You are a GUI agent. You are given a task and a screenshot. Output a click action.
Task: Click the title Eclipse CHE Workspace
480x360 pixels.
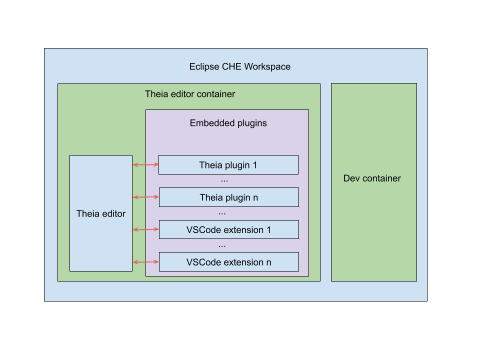pos(239,66)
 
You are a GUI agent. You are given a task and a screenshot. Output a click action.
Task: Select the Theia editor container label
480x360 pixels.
pos(190,94)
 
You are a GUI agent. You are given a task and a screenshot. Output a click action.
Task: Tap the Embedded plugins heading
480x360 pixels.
pos(228,123)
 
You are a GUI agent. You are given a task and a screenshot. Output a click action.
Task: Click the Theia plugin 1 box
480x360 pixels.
pos(228,165)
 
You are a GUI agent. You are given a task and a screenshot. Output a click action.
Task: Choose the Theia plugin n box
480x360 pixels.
pos(228,197)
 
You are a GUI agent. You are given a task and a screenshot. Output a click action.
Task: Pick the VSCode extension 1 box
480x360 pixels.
pos(228,230)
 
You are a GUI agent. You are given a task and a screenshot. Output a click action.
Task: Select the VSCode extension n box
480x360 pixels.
pos(228,262)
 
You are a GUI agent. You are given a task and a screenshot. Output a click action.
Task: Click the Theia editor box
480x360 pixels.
pos(101,213)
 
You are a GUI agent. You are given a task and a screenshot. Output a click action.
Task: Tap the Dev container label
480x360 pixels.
pos(372,178)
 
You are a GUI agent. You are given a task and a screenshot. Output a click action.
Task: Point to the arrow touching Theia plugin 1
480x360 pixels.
pos(145,164)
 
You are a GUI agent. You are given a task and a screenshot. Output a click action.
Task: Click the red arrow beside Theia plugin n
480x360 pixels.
pos(145,197)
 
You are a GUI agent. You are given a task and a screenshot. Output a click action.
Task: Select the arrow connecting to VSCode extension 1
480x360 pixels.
pos(145,229)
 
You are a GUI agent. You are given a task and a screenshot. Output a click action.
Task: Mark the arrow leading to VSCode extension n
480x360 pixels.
pos(145,262)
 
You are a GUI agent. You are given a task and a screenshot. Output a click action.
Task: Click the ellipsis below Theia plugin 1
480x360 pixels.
pos(224,180)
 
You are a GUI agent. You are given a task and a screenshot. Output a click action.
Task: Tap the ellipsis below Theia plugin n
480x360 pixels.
pos(222,213)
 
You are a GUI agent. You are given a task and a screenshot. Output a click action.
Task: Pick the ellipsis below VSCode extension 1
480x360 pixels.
pos(222,245)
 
